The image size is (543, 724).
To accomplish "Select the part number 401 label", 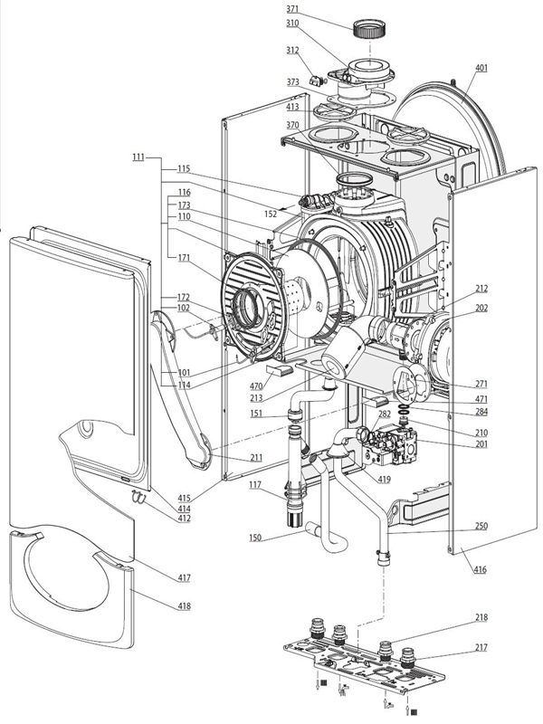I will click(481, 68).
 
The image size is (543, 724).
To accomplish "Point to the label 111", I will click(137, 157).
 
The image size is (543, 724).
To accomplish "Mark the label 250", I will click(481, 526).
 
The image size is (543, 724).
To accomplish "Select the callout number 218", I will click(481, 618).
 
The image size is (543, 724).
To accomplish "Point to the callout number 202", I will click(481, 308).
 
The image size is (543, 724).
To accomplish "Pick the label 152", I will click(271, 214).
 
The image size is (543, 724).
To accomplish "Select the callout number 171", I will click(184, 258).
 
